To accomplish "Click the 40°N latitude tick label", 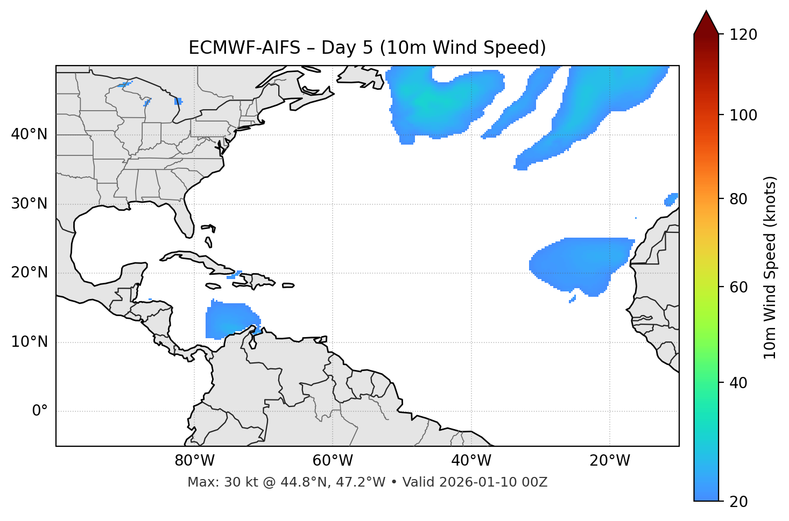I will click(x=29, y=134).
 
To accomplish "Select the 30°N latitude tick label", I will click(x=29, y=204).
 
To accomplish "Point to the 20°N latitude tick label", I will click(x=29, y=273).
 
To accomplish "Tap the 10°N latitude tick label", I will click(x=29, y=342).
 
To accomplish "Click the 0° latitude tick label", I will click(x=39, y=411).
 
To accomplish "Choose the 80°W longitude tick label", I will click(x=194, y=461).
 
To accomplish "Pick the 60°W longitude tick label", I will click(x=333, y=461).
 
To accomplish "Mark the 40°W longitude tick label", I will click(x=471, y=461).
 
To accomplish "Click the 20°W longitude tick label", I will click(x=609, y=461).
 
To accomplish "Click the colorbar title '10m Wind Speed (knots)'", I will click(x=770, y=267).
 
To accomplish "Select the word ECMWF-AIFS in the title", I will click(x=244, y=48).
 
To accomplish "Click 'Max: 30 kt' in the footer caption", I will click(x=218, y=482).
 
